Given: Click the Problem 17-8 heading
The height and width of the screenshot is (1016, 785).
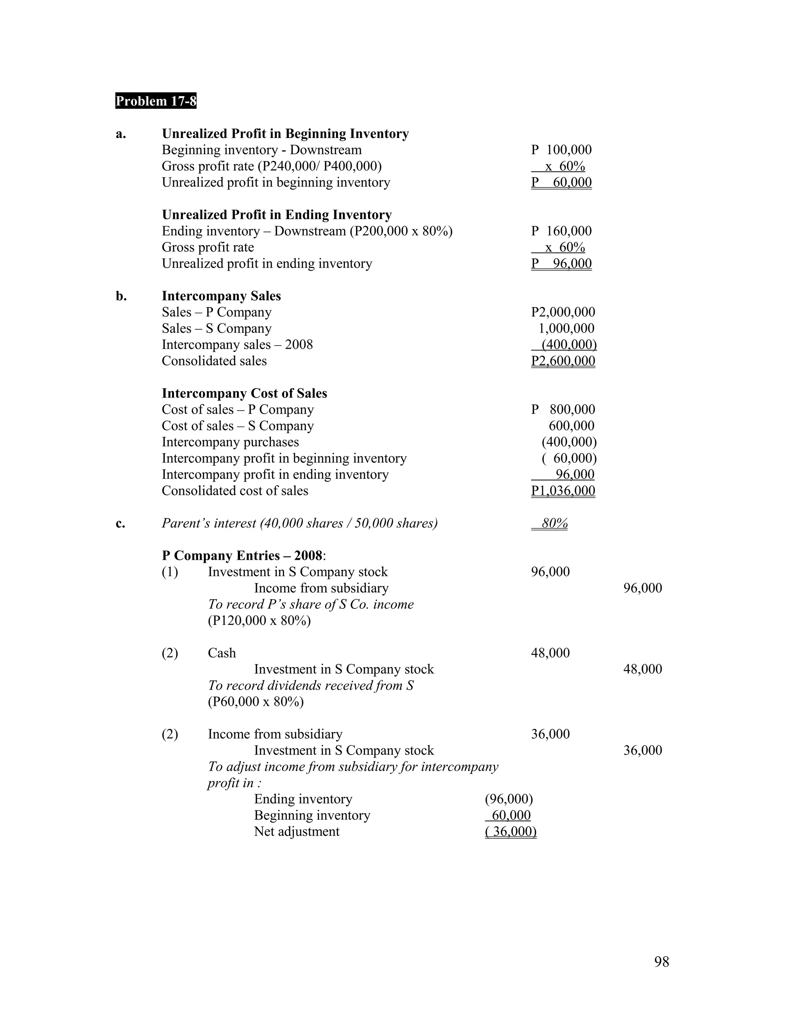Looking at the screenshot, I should point(156,101).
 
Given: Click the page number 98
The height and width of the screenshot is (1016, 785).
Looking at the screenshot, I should point(661,962).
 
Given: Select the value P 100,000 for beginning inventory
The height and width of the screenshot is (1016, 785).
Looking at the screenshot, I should point(561,150).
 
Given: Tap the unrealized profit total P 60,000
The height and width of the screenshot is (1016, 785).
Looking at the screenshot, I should point(561,182).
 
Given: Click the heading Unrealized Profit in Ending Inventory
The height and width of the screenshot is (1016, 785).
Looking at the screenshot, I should point(277,215).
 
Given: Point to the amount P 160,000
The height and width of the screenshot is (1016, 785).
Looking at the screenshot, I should point(561,231).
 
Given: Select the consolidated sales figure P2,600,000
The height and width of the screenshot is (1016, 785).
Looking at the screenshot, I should point(563,361).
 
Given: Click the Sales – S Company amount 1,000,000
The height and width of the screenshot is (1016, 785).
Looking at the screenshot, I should point(566,329).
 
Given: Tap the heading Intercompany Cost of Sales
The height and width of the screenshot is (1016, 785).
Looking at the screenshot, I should point(244,394).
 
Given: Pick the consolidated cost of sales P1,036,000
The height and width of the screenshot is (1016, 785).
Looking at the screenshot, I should point(563,491).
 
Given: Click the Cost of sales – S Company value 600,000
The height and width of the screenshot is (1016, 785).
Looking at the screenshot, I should point(571,426).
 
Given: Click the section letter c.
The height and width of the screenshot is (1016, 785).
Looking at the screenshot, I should point(120,524).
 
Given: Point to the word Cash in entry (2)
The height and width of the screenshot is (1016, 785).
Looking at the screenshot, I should point(222,653).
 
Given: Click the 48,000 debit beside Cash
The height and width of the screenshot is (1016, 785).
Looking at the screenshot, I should point(550,653).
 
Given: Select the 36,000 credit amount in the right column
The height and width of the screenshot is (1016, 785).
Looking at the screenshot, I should point(642,750).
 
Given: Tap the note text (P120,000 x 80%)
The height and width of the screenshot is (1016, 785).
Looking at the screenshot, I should point(259,621).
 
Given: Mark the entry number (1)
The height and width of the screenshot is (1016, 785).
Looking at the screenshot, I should point(170,572).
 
